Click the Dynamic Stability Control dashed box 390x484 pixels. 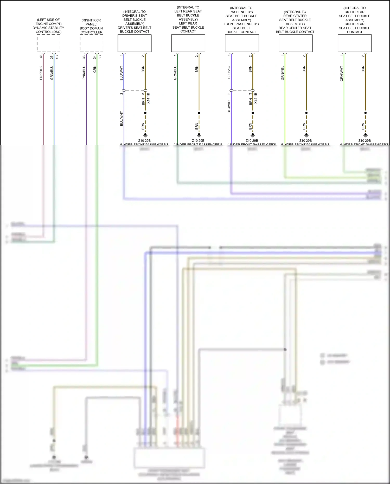pyautogui.click(x=49, y=43)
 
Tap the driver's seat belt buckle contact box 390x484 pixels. pyautogui.click(x=135, y=43)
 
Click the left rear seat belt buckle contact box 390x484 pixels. pyautogui.click(x=188, y=43)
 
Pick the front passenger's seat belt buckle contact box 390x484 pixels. pyautogui.click(x=242, y=43)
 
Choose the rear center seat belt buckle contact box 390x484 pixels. pyautogui.click(x=296, y=43)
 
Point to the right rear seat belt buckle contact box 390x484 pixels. pyautogui.click(x=355, y=43)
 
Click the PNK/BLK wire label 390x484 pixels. pyautogui.click(x=41, y=73)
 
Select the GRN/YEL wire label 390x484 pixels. pyautogui.click(x=283, y=73)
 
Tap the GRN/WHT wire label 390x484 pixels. pyautogui.click(x=342, y=74)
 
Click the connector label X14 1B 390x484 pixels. pyautogui.click(x=148, y=98)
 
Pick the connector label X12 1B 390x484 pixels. pyautogui.click(x=256, y=98)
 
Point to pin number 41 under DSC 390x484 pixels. pyautogui.click(x=41, y=56)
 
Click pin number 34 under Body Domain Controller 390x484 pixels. pyautogui.click(x=95, y=57)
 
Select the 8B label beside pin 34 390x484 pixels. pyautogui.click(x=100, y=57)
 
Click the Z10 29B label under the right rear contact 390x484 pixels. pyautogui.click(x=365, y=140)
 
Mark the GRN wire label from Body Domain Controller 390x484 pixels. pyautogui.click(x=95, y=69)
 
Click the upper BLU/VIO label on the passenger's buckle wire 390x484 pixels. pyautogui.click(x=229, y=72)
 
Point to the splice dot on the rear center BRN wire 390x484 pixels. pyautogui.click(x=306, y=113)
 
